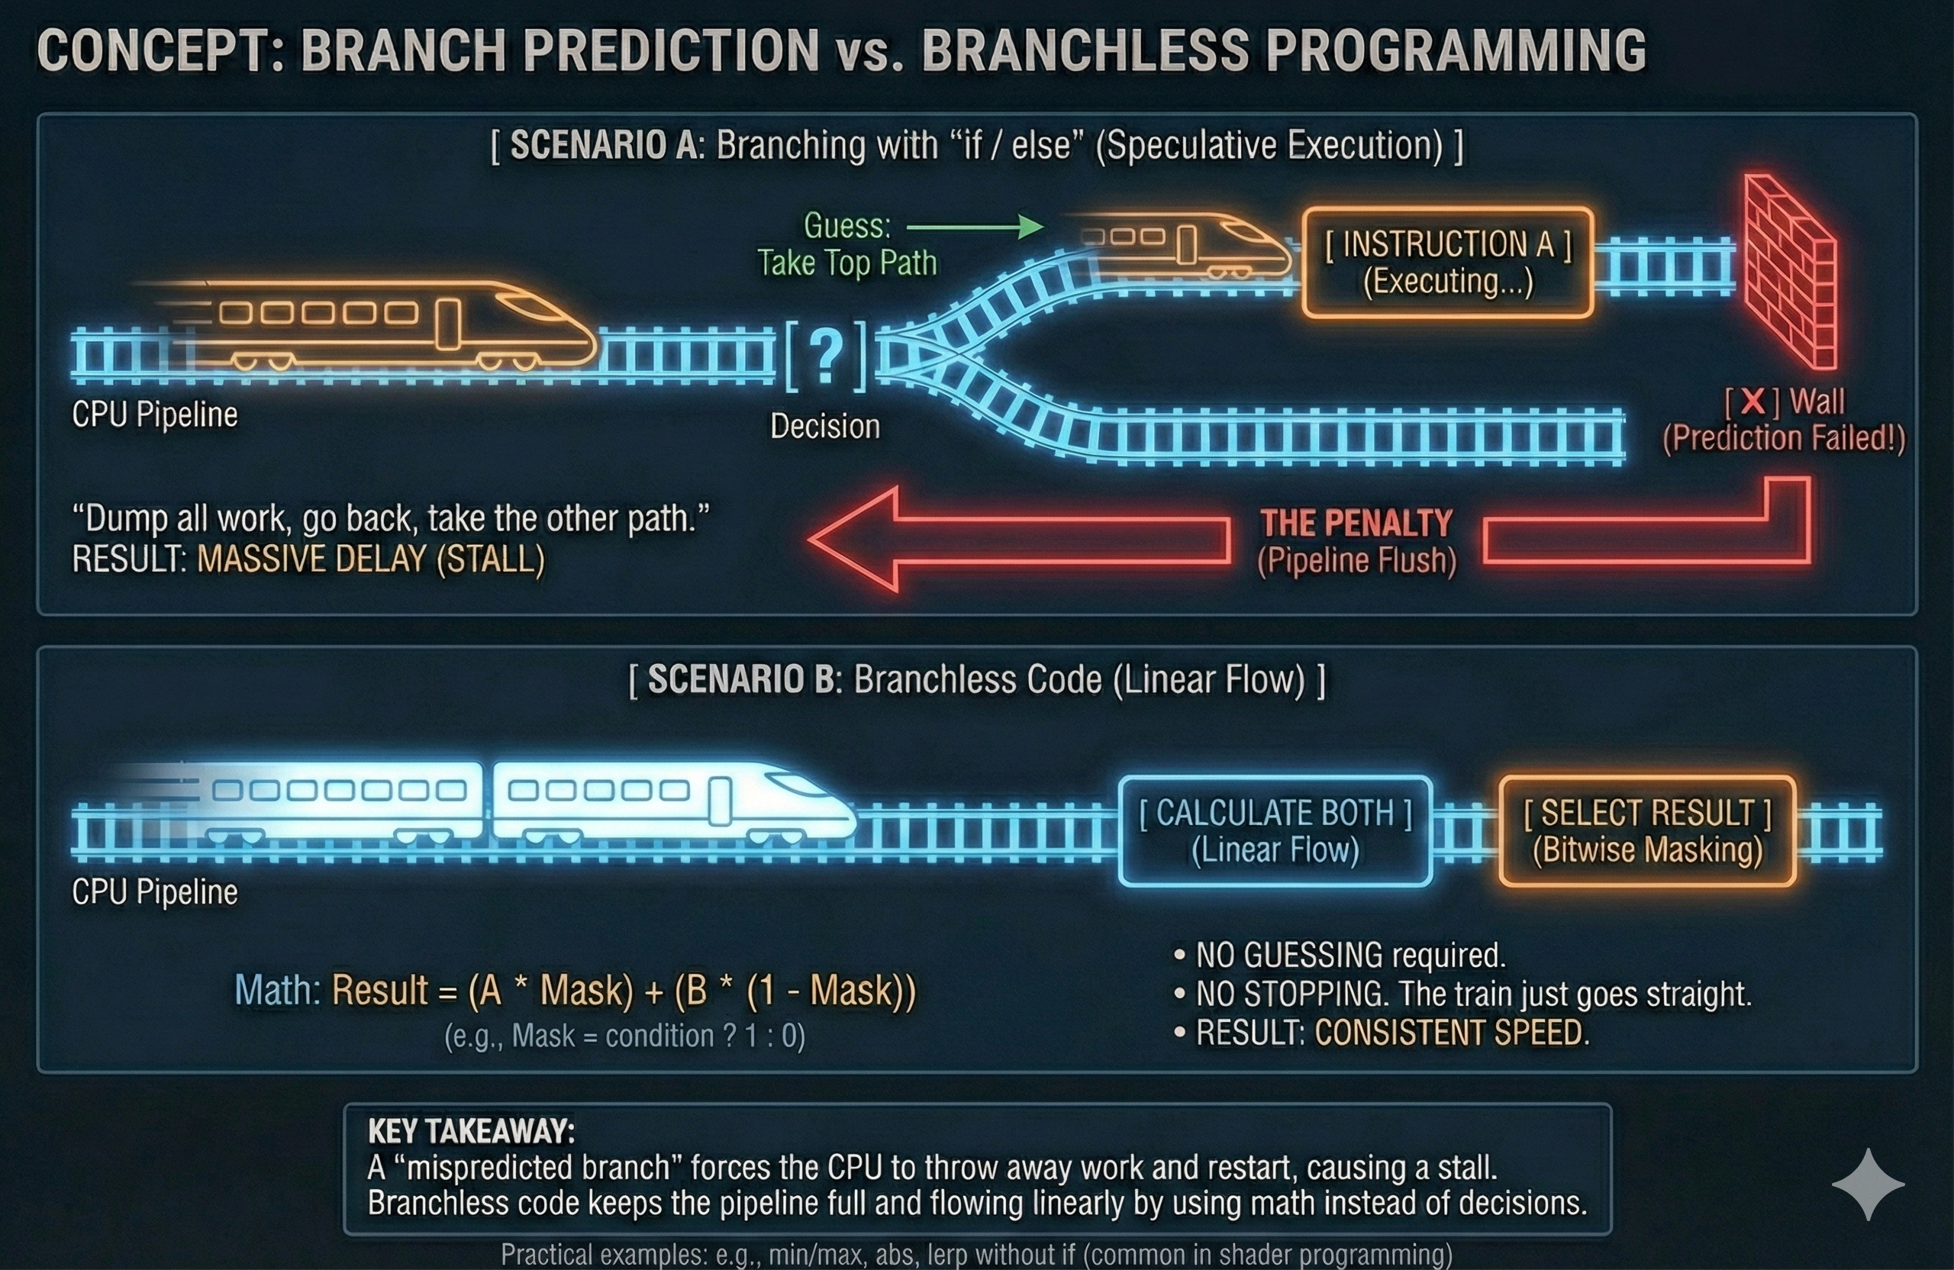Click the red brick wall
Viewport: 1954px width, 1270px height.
[1790, 271]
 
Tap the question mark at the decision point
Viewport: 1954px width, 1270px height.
[826, 356]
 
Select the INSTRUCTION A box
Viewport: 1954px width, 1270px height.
[1447, 263]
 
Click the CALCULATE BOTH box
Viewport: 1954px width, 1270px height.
[1275, 831]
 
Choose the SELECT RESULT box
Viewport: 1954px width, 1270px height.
[1647, 831]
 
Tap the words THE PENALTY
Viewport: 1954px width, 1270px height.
[1356, 523]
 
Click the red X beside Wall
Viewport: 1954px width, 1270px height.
[1752, 401]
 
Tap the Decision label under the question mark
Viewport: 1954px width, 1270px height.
[824, 427]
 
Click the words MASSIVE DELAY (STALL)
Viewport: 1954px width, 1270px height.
[371, 560]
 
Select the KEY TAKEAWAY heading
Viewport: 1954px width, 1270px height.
[471, 1131]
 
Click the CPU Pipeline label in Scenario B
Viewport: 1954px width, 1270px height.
[154, 892]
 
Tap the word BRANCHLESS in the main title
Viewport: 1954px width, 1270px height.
[1085, 51]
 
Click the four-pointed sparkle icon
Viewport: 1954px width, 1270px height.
[1868, 1184]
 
